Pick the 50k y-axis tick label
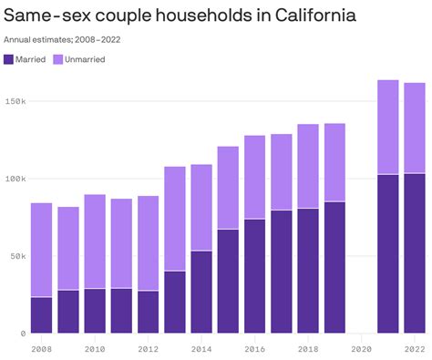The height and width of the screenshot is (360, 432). tap(17, 256)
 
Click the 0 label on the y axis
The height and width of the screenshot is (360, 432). tap(23, 334)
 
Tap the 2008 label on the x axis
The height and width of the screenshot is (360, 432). tap(41, 348)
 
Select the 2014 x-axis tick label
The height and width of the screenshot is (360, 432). tap(201, 348)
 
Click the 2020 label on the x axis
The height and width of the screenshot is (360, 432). tap(362, 348)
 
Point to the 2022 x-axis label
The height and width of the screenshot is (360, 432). tap(415, 348)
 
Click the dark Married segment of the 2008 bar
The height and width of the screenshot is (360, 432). tap(41, 315)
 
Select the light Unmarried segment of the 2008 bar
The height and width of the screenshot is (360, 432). tap(41, 250)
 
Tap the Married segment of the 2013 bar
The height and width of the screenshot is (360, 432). tap(175, 303)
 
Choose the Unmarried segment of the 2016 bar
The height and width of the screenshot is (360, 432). tap(255, 177)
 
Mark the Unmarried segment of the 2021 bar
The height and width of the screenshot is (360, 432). tap(388, 127)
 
